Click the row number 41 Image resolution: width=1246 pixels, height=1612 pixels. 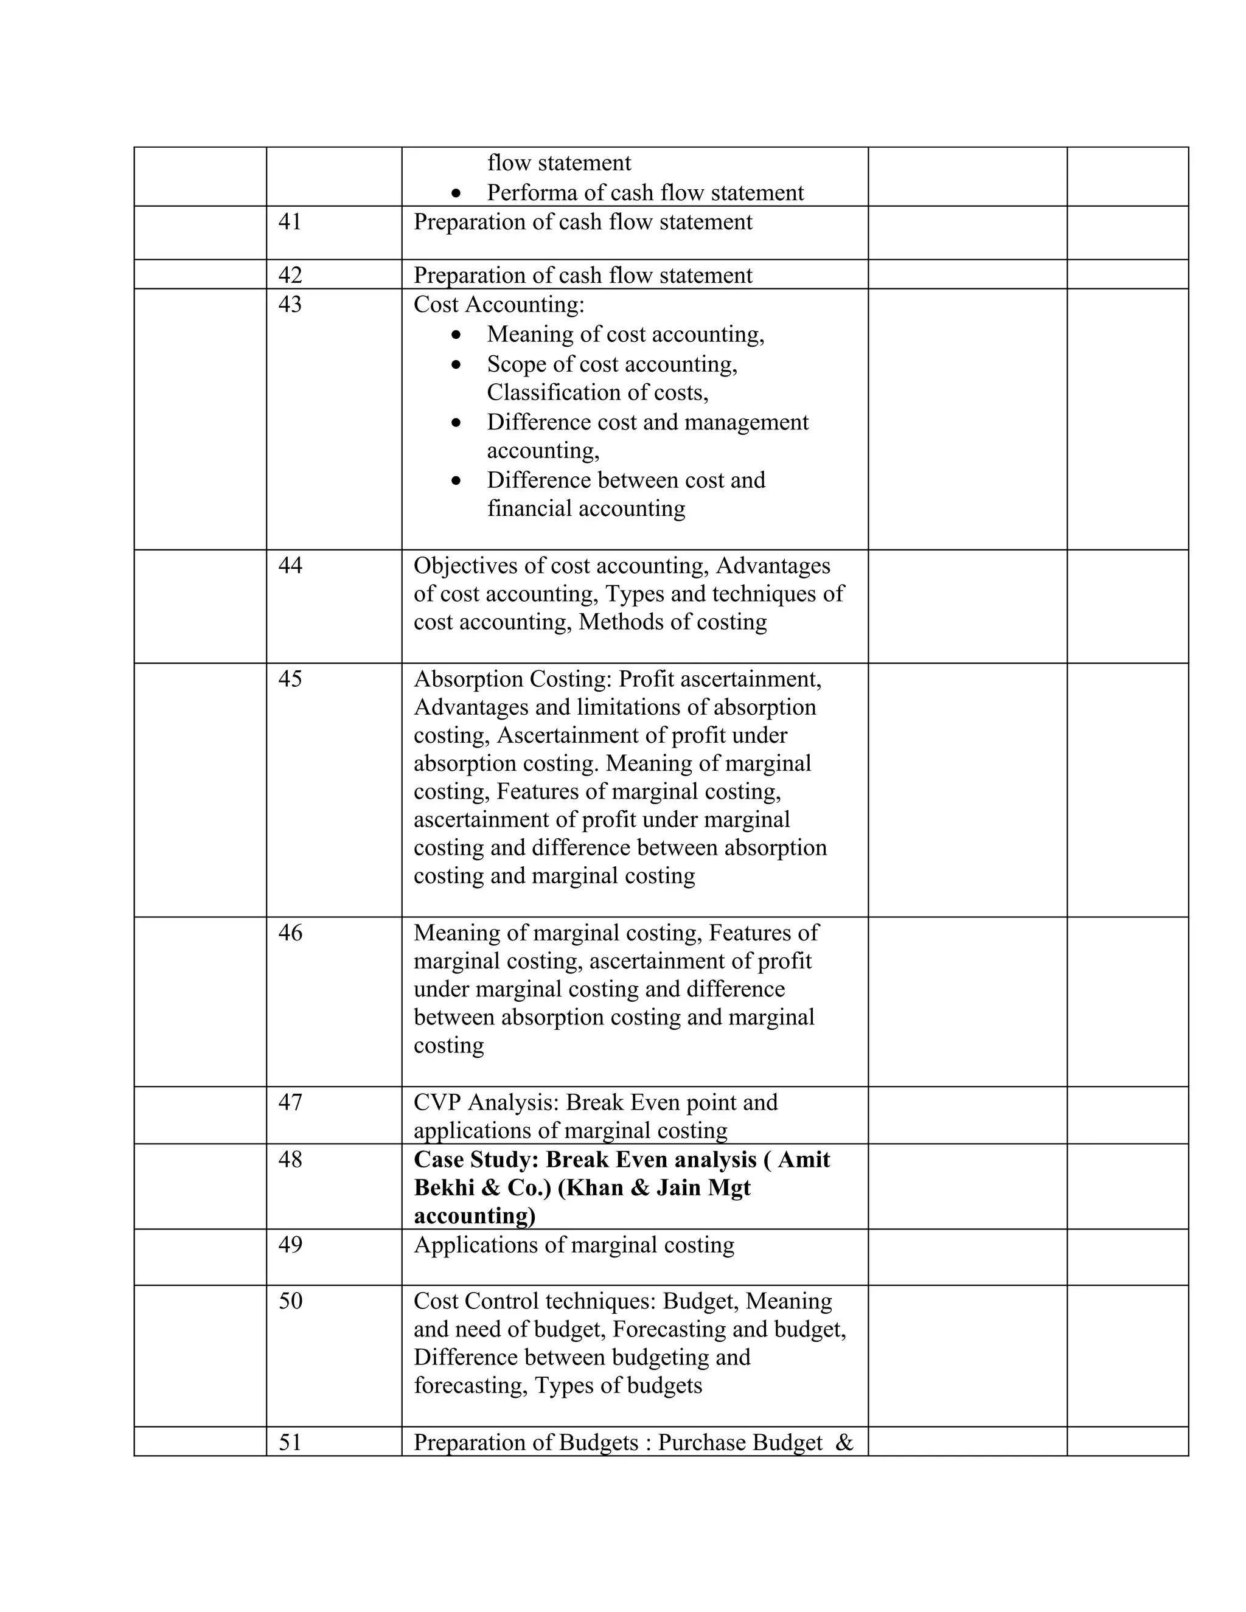point(290,222)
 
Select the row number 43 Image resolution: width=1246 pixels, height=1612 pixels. point(290,305)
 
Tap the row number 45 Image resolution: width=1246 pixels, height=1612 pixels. point(290,679)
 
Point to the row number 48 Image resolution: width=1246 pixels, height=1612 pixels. point(290,1159)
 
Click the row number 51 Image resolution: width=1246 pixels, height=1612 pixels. point(290,1442)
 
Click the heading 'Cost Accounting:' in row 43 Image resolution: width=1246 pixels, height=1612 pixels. point(498,305)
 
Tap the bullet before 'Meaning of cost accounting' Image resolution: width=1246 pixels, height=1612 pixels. point(457,335)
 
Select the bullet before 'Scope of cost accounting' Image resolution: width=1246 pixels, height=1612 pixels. point(457,364)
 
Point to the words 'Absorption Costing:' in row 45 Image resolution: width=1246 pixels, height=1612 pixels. point(512,679)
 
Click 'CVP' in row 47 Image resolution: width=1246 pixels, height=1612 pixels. point(436,1103)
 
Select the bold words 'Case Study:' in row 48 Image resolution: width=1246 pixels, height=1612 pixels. point(476,1159)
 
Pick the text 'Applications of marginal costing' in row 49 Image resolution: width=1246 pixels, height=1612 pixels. point(574,1245)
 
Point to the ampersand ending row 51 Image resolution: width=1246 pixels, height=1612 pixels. point(844,1442)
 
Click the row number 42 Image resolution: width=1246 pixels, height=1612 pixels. point(290,276)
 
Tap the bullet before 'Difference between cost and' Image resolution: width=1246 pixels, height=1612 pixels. point(457,481)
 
